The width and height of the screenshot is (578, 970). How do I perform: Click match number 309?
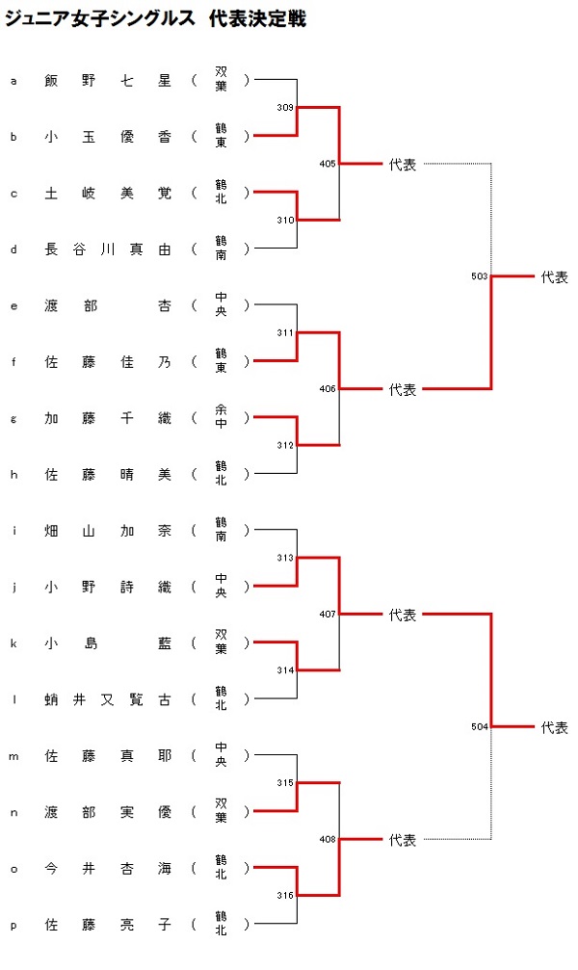pos(285,108)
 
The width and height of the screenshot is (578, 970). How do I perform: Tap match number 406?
pos(328,389)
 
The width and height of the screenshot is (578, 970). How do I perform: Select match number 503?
pos(480,276)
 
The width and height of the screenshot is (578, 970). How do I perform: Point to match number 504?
pos(480,727)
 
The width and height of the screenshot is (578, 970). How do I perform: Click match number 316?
pos(285,896)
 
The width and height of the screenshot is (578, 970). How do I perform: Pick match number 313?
pos(285,558)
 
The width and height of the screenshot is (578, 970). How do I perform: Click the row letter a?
pos(13,81)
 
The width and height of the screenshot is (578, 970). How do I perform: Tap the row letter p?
pos(13,926)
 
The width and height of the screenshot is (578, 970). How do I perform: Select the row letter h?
pos(13,475)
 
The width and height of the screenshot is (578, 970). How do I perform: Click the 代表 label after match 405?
pos(403,165)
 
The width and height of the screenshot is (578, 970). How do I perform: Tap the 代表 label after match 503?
pos(555,277)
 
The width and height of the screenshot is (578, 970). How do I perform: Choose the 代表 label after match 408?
pos(403,840)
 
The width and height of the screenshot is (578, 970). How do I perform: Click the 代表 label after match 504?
pos(555,727)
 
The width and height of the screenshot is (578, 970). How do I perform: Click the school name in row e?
pos(221,305)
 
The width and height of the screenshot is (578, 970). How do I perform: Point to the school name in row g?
pos(221,417)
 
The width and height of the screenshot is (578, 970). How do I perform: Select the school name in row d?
pos(221,249)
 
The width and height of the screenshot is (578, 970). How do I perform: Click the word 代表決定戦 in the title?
pos(257,18)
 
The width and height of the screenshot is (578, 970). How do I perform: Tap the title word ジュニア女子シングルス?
pos(99,18)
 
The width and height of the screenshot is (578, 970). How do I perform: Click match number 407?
pos(328,615)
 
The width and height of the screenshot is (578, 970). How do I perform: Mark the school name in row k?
pos(221,642)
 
